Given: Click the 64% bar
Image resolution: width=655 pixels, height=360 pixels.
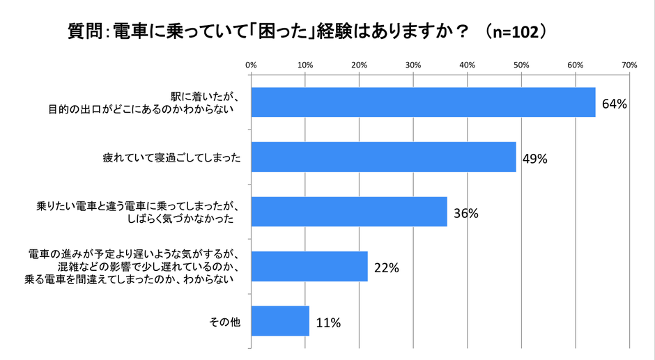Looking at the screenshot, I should (423, 102).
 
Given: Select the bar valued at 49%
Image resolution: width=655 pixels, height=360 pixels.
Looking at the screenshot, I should (383, 157).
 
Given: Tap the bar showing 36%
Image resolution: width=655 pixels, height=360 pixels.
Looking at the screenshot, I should (348, 212).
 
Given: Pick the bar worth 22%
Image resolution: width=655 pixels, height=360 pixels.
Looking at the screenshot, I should (309, 266).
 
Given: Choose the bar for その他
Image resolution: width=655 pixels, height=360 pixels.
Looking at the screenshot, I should (279, 321).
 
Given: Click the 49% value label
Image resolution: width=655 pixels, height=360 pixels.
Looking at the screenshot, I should (534, 159).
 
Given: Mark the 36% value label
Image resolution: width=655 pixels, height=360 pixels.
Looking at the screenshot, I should (465, 214).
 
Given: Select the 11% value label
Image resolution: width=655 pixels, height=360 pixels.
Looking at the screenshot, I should (327, 323).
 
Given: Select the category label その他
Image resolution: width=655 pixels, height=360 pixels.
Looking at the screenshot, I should (225, 321).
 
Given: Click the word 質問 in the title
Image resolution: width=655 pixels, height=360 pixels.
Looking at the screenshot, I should (85, 32).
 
